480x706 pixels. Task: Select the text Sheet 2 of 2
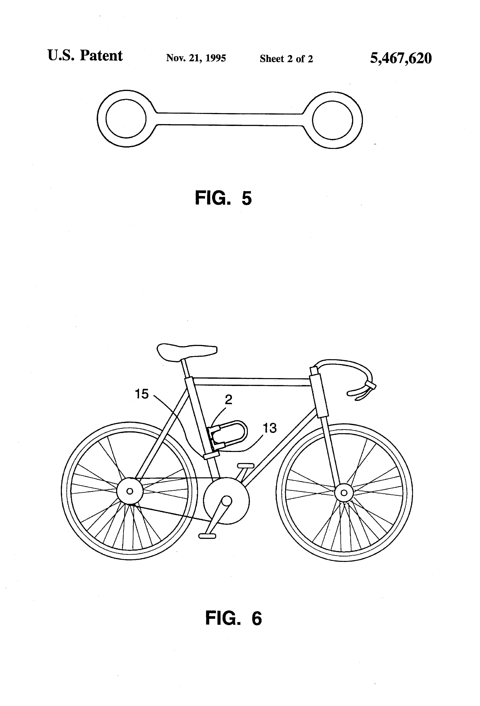pyautogui.click(x=286, y=59)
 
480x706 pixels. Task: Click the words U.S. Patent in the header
pyautogui.click(x=85, y=56)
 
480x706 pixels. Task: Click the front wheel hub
pyautogui.click(x=344, y=492)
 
